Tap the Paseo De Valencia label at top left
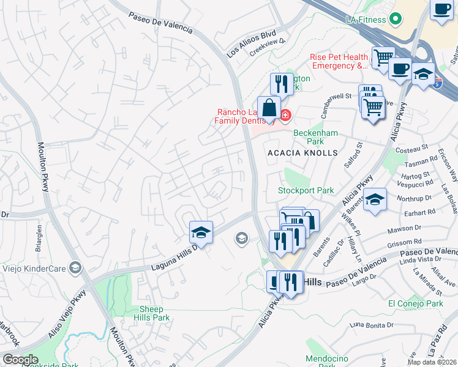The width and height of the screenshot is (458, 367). pos(160,23)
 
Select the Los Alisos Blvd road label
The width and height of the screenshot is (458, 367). pos(252,43)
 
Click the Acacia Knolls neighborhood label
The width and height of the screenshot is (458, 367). pos(302,152)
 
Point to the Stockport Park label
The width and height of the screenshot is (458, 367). pos(306,190)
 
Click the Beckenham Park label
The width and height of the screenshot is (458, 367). pos(315,137)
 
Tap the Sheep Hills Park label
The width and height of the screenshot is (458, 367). pos(151,313)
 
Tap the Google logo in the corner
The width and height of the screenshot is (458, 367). pos(20,359)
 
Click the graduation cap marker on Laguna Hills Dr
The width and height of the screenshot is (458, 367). pos(201,232)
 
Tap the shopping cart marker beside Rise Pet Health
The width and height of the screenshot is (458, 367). pos(383,57)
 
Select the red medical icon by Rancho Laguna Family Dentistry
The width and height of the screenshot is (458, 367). pos(285,114)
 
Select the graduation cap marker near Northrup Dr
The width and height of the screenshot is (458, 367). pos(375,199)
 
